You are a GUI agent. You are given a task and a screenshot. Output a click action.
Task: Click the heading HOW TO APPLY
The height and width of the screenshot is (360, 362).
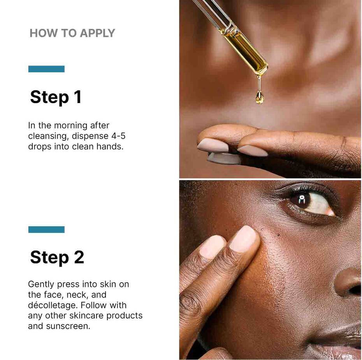tap(72, 33)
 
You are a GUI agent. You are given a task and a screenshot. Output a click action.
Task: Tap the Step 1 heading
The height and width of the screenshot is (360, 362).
tap(56, 97)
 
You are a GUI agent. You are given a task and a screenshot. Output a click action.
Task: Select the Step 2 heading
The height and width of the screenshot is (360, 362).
tap(57, 257)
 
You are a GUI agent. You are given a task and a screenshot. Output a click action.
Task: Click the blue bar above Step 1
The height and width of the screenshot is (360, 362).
tap(46, 69)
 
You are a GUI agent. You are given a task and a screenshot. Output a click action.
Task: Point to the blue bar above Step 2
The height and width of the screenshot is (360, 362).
tap(46, 229)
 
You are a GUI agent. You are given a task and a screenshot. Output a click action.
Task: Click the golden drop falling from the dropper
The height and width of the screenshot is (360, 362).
tap(259, 97)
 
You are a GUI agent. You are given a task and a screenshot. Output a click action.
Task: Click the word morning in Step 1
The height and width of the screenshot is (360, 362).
tap(70, 126)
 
